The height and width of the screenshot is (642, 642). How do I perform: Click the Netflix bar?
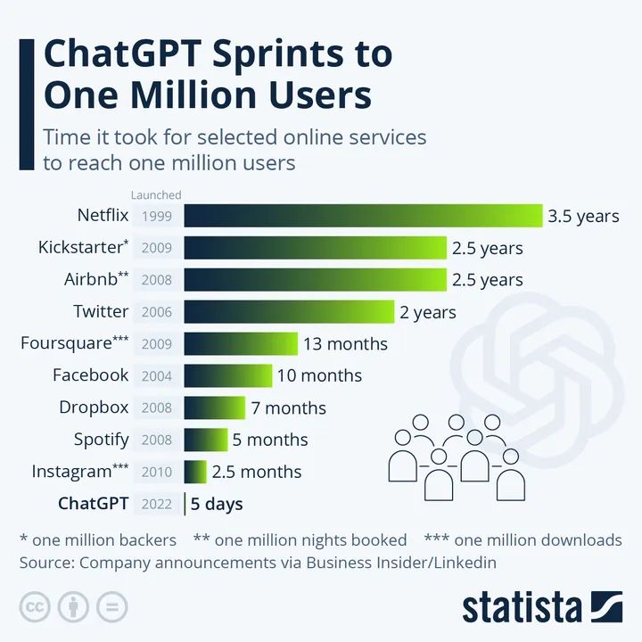[x=364, y=216]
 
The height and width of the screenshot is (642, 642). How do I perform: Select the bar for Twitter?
[x=290, y=312]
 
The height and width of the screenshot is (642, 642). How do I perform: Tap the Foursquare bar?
[x=241, y=344]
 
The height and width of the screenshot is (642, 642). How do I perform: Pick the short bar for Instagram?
[x=195, y=472]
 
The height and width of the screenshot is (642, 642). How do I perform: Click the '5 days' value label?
[x=217, y=504]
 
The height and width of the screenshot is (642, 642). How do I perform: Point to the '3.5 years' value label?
[x=583, y=216]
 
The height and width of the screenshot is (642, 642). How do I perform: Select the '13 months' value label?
[x=345, y=344]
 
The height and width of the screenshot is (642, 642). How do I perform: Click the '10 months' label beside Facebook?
[x=319, y=375]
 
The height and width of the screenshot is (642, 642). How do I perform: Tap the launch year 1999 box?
[x=157, y=216]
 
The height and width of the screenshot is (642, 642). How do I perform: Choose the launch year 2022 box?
[x=157, y=504]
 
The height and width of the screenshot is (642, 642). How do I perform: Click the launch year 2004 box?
[x=157, y=375]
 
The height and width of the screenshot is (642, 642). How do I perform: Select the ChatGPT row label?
[x=94, y=504]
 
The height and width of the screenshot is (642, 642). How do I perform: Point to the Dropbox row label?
[x=94, y=407]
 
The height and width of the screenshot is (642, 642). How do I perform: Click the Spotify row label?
[x=101, y=440]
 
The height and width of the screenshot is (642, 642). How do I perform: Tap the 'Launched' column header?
[x=156, y=194]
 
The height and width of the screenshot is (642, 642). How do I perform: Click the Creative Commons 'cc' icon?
[x=34, y=607]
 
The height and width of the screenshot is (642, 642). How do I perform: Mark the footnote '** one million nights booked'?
[x=300, y=539]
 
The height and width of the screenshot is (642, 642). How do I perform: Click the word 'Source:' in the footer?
[x=47, y=563]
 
